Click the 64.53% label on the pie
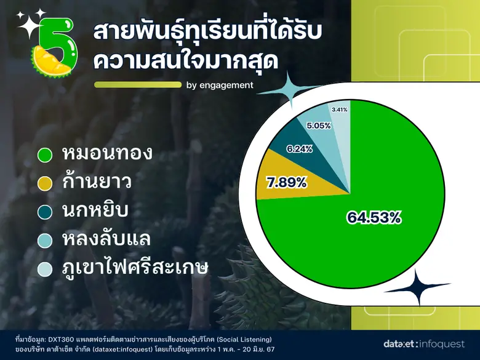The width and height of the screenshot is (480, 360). tap(374, 217)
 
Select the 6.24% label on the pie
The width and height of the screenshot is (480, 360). tap(300, 148)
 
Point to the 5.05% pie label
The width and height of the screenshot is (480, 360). tap(319, 125)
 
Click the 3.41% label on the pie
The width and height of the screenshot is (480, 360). tap(339, 110)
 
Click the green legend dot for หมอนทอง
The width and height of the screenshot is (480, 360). tap(44, 155)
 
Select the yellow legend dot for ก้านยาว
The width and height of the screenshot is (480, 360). tap(44, 183)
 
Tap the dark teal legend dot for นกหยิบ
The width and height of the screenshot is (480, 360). tap(44, 212)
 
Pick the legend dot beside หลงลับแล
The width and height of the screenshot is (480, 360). tap(44, 241)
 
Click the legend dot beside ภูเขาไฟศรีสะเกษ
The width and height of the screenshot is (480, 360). tap(44, 269)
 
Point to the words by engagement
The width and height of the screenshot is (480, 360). tap(219, 86)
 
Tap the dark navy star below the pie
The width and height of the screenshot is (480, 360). tap(423, 287)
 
